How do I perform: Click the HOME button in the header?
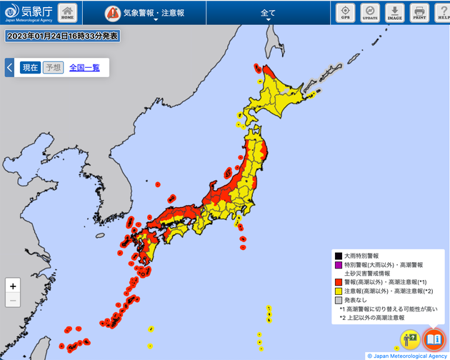coord(68,13)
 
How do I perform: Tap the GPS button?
coord(346,13)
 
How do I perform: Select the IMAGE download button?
coord(394,13)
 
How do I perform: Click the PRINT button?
coord(419,13)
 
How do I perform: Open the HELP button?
coord(442,13)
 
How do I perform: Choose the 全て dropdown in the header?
coord(269,14)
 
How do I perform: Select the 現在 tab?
coord(30,68)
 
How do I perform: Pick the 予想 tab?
coord(53,68)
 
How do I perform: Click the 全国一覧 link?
coord(84,68)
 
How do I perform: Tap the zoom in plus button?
coord(13,286)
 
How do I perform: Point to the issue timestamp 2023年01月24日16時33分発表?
coord(62,36)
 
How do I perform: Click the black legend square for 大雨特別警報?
coord(339,255)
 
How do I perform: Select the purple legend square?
coord(339,264)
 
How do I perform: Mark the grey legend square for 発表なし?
coord(339,300)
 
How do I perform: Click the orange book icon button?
coord(433,339)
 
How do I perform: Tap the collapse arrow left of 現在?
coord(9,68)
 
